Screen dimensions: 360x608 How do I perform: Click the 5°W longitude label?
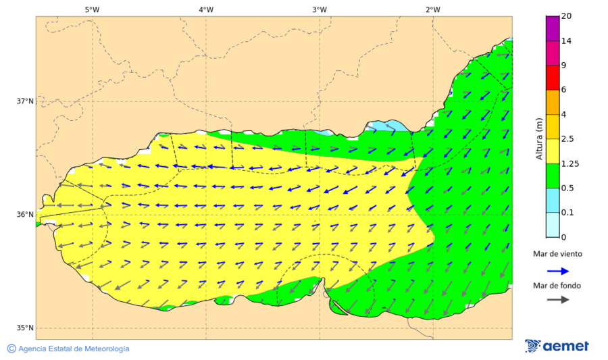(x=92, y=9)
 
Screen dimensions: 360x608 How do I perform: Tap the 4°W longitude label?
(x=206, y=9)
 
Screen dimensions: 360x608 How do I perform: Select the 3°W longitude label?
(x=320, y=9)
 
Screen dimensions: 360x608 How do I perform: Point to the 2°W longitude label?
(x=433, y=9)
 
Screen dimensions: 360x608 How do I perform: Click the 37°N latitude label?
(x=25, y=101)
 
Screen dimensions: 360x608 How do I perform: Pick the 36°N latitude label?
(x=25, y=215)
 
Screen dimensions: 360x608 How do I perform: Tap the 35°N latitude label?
(x=25, y=328)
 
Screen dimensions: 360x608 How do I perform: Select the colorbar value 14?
(x=566, y=41)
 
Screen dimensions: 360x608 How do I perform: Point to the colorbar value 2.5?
(x=567, y=139)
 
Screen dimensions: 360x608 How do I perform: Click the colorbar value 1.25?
(x=569, y=163)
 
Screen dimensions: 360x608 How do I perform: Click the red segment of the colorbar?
(x=553, y=78)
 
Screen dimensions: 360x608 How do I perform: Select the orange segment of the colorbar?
(x=553, y=102)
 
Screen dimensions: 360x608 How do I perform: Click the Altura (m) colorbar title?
(x=539, y=139)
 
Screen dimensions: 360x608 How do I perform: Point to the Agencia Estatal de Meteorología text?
(x=74, y=349)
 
